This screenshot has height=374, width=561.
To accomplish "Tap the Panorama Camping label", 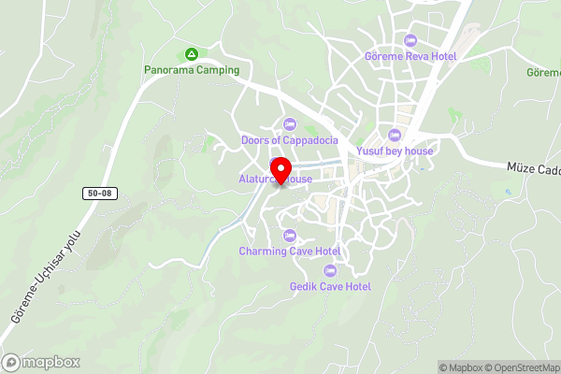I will (192, 69).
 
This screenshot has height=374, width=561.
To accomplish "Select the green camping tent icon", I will (192, 53).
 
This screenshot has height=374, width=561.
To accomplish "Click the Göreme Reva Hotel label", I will (410, 56).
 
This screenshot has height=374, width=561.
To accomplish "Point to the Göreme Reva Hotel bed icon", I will (410, 40).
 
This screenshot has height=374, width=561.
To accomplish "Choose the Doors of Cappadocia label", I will (289, 140).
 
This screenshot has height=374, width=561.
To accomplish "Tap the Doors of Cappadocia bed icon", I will (289, 124).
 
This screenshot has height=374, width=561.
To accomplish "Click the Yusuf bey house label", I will (395, 150).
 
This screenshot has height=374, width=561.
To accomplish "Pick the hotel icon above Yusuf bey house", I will (395, 134).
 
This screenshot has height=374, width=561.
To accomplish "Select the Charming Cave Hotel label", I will (289, 251).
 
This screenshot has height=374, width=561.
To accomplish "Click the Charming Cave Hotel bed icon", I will (289, 235).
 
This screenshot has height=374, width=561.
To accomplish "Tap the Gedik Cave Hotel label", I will (330, 287).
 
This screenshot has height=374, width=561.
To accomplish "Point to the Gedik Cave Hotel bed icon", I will (329, 271).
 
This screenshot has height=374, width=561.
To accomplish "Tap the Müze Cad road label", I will (533, 167).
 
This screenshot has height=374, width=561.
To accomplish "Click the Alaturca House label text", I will (252, 179).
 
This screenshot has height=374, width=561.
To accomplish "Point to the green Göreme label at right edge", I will (543, 72).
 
